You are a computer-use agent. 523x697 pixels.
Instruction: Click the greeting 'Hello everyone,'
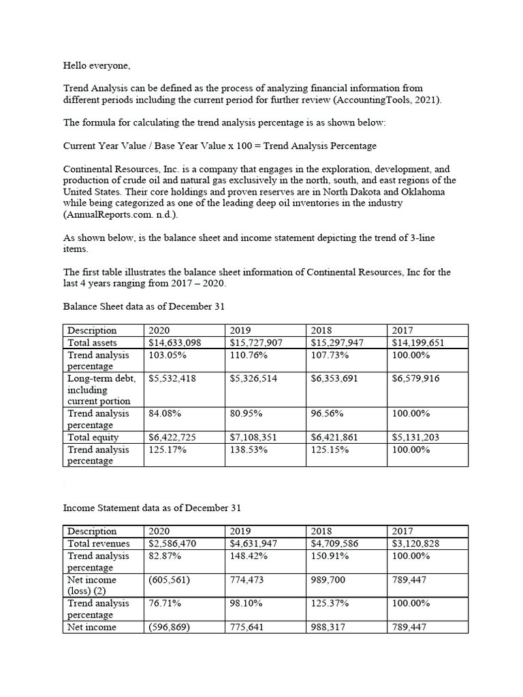[x=95, y=66]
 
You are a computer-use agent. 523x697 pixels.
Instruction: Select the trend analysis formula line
[x=219, y=146]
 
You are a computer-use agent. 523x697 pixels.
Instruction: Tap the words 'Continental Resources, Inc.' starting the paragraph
[x=121, y=169]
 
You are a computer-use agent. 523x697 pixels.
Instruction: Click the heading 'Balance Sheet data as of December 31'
[x=144, y=306]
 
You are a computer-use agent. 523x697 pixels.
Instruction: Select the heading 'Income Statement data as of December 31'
[x=152, y=508]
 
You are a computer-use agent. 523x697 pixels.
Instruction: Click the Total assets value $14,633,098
[x=174, y=343]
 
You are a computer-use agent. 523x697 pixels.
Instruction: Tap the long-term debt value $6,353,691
[x=334, y=378]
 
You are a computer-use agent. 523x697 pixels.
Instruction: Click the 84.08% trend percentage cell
[x=164, y=413]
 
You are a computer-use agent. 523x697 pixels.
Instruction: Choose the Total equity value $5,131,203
[x=415, y=438]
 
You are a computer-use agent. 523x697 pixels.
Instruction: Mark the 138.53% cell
[x=249, y=450]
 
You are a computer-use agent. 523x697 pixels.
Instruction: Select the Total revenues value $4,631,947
[x=253, y=544]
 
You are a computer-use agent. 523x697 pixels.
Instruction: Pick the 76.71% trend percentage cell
[x=164, y=604]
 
